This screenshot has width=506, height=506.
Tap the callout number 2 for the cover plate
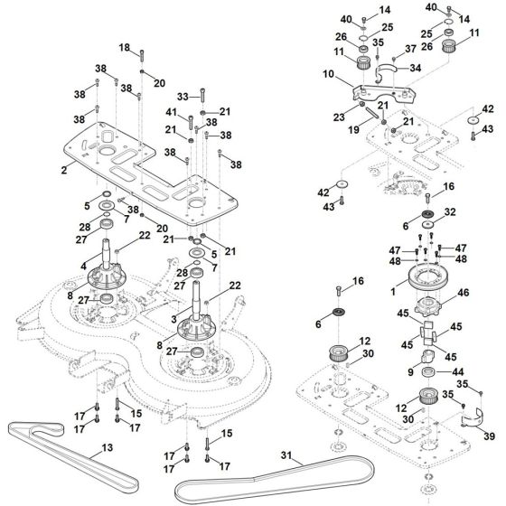coord(64,169)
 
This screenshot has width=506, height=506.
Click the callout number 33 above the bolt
coord(183,95)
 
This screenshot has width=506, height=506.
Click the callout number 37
coord(411,48)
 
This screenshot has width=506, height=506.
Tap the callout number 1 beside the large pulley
coord(390,292)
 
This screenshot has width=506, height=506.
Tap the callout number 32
coord(449,212)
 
